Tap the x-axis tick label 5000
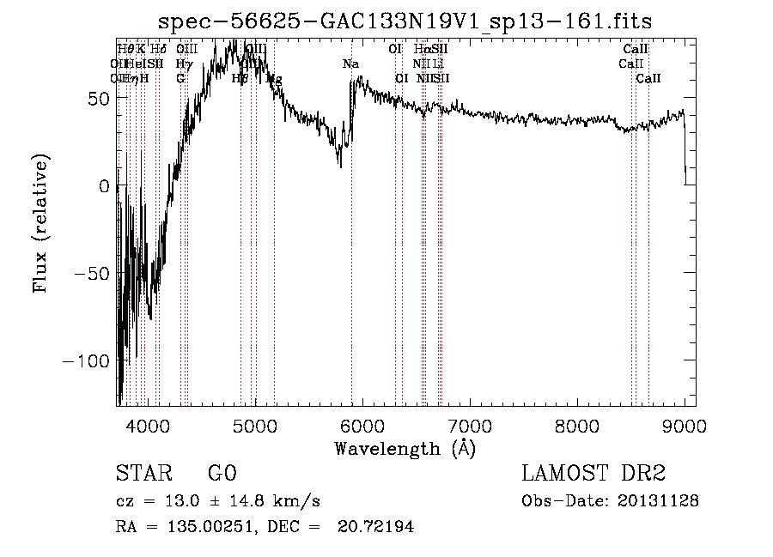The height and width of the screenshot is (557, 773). [x=255, y=425]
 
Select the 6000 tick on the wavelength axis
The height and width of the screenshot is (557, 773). [x=362, y=425]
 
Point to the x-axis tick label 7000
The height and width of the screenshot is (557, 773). [x=470, y=425]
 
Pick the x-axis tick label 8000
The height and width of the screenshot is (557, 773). [x=577, y=425]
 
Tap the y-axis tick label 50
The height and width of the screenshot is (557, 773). [x=96, y=98]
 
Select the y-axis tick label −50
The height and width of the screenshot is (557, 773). [x=89, y=273]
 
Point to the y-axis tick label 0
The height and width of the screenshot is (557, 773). [x=104, y=185]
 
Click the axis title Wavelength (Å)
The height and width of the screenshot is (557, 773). [x=405, y=448]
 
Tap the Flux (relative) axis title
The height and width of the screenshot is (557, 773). [x=41, y=223]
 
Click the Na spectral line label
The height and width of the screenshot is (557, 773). [x=350, y=64]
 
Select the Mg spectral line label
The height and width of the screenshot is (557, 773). [x=274, y=79]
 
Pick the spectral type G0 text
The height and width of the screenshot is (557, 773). [x=222, y=474]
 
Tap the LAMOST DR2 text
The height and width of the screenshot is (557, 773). [x=593, y=474]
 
